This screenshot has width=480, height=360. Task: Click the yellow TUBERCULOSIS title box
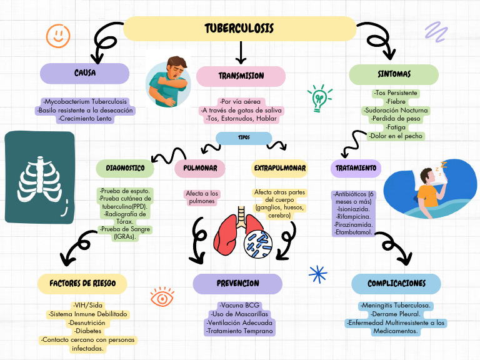coord(239,29)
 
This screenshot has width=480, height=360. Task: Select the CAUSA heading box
coord(84,74)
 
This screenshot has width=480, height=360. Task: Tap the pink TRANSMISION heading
coord(241,76)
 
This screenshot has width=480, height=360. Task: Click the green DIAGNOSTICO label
coord(125,168)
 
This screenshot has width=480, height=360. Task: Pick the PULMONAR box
coord(200,168)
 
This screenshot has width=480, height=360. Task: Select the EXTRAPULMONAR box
coord(279,168)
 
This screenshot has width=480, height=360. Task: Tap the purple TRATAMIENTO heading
coord(356,168)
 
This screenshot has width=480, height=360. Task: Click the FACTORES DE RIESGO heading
coord(82,283)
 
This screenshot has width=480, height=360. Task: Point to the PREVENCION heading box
coord(237,283)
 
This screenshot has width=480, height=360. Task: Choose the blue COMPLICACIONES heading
coord(396,283)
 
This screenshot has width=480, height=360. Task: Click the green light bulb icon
coord(319,98)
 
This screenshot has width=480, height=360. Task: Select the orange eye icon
coord(162,297)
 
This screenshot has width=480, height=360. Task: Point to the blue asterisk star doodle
coord(318,274)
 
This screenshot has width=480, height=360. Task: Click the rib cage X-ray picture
coord(39,177)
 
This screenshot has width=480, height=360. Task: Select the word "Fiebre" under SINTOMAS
coord(396,101)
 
